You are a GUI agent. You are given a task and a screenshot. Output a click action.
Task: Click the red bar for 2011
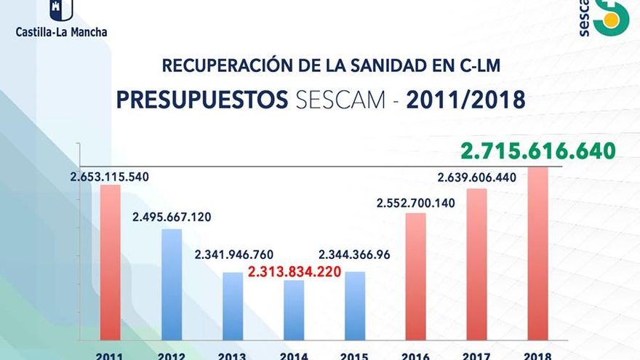pos(111,262)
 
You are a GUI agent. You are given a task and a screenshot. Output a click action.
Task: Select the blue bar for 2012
pos(172,284)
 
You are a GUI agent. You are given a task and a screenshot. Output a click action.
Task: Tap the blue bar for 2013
pos(233,305)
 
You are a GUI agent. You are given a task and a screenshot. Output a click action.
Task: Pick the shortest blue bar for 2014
pos(294,309)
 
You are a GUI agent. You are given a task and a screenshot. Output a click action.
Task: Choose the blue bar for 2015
pos(355,305)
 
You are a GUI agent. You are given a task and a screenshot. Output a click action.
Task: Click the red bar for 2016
pos(415,276)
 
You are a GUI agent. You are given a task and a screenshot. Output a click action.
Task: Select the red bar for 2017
pos(476,263)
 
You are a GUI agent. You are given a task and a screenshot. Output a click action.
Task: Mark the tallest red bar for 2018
pos(537,253)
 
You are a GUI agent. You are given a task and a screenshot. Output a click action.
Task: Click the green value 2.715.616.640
pos(537,151)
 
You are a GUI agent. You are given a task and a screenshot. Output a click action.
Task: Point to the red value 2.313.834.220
pos(295,273)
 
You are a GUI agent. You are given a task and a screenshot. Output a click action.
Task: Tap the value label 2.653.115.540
pos(110,177)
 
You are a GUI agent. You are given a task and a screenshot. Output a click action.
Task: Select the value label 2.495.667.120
pos(172,217)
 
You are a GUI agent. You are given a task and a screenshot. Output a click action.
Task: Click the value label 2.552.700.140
pos(415,203)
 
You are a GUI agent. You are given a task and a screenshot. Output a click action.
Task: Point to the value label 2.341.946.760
pos(233,255)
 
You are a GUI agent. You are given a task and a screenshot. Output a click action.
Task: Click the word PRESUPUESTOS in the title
pos(202,100)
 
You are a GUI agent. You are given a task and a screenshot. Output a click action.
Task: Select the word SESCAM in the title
pos(342,100)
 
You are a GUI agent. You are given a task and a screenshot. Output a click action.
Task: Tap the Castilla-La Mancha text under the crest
pos(62,32)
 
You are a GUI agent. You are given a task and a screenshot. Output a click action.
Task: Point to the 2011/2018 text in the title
pos(465,100)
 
